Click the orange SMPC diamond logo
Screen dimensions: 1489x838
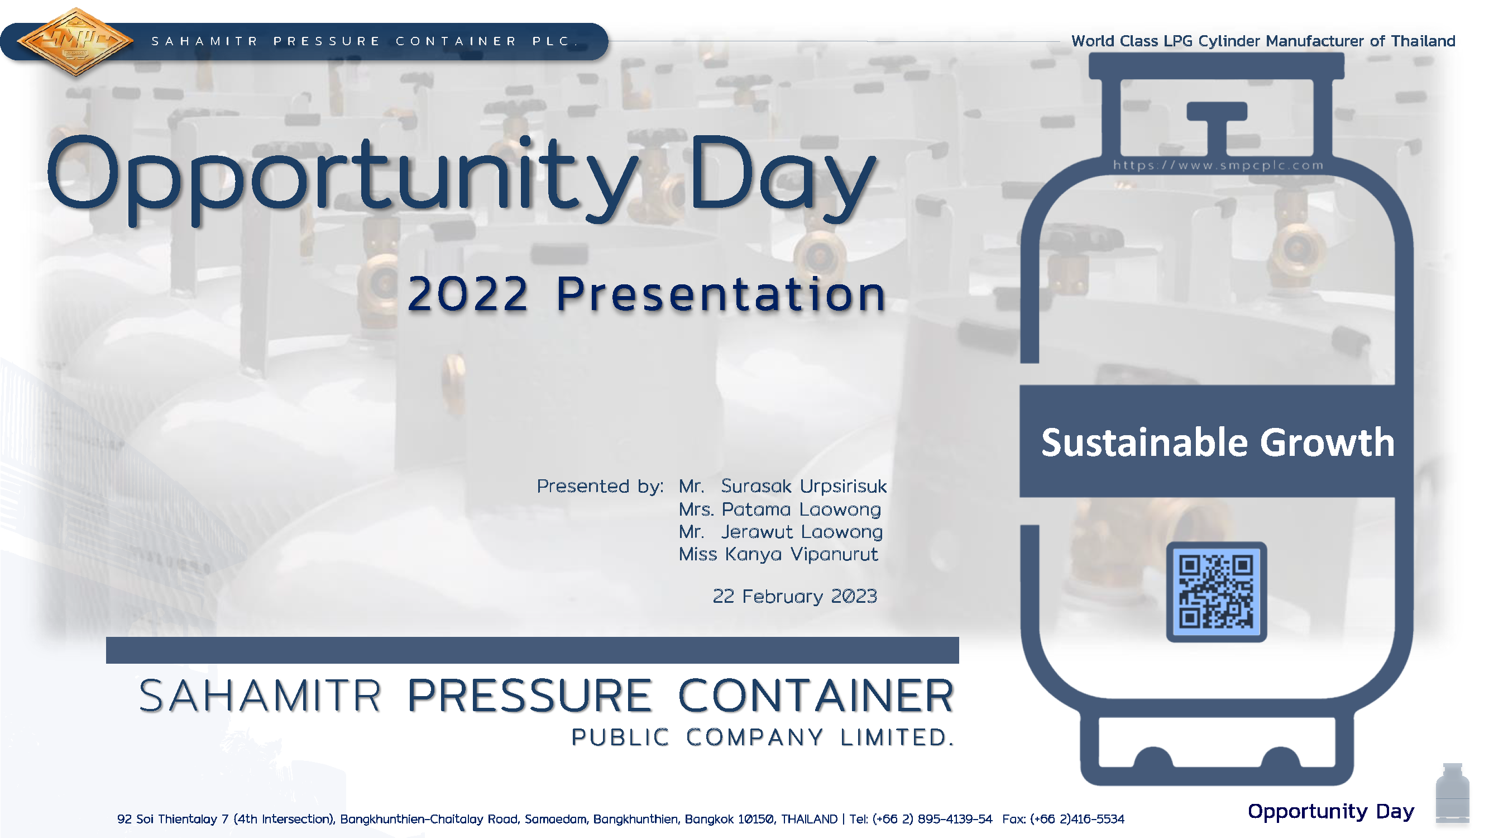click(75, 42)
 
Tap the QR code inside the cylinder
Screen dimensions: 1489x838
click(1216, 592)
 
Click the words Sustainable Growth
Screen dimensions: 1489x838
click(1217, 442)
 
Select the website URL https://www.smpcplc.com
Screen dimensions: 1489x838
click(1218, 165)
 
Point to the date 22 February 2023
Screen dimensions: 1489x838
click(795, 596)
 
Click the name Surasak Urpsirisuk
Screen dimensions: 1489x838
click(803, 487)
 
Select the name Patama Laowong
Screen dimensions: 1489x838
click(801, 510)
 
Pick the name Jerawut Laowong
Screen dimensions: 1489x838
click(802, 532)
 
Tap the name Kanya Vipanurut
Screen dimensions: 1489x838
click(801, 555)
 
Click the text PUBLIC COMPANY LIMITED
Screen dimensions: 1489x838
click(763, 737)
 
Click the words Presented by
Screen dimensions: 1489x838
click(600, 487)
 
